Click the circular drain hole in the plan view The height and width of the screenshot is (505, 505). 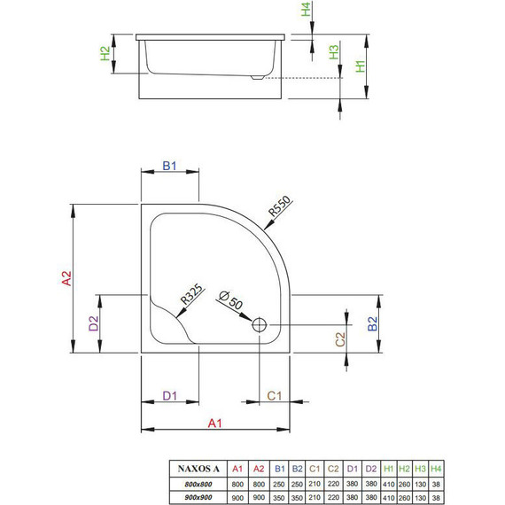click(261, 325)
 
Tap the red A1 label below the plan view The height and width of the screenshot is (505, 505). click(214, 423)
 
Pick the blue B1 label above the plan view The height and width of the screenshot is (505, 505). click(170, 166)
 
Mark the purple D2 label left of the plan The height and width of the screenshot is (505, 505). click(95, 323)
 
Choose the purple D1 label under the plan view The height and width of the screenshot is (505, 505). click(170, 394)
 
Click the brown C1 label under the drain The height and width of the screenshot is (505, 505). click(275, 394)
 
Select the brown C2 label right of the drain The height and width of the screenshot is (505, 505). click(339, 338)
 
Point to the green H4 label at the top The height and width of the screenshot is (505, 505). click(307, 11)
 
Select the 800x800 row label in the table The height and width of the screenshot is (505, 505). click(198, 482)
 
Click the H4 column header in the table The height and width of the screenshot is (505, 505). click(434, 467)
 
